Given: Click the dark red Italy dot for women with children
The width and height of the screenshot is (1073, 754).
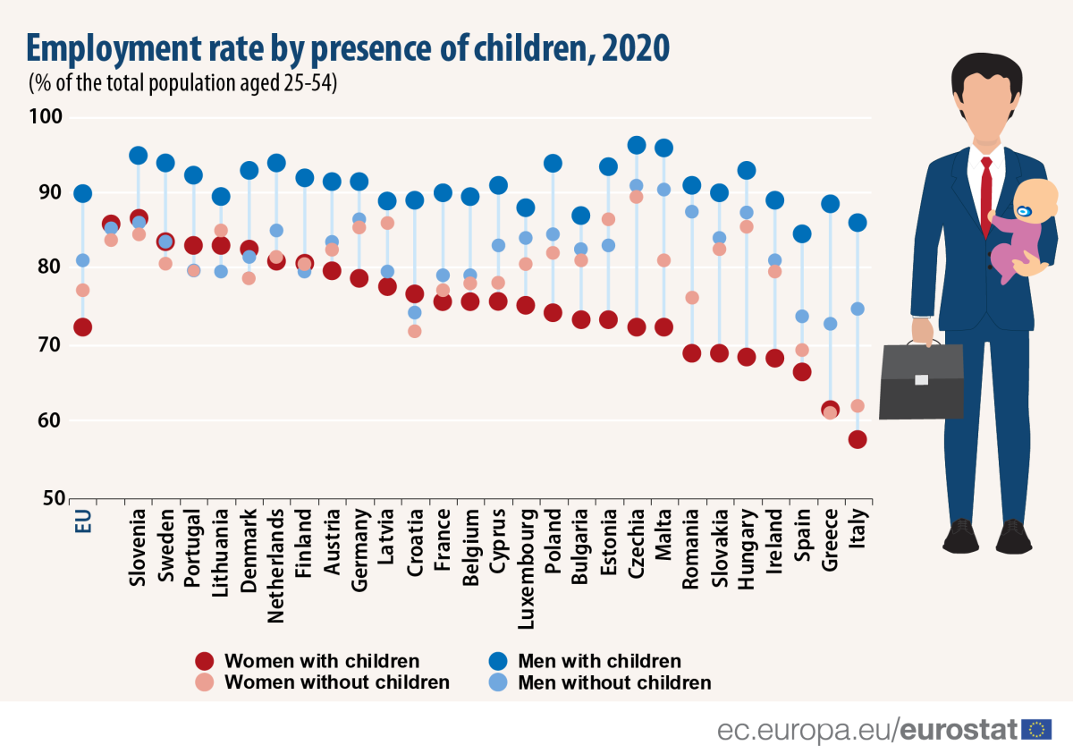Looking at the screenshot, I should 858,439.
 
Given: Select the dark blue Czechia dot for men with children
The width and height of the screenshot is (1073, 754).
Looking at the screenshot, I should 637,145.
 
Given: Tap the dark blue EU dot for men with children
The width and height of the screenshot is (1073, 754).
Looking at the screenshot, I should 82,193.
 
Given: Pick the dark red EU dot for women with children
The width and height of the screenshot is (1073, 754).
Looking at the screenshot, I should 82,327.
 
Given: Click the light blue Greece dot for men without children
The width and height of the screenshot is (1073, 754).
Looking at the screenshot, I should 830,324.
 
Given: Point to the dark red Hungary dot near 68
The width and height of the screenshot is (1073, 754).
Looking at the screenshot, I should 747,357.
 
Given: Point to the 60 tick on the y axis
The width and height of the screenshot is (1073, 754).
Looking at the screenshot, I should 48,420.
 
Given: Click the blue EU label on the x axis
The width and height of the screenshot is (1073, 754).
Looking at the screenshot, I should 83,520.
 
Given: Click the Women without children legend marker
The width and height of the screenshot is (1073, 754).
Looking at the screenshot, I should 205,682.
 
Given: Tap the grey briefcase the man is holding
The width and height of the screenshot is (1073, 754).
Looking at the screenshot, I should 921,380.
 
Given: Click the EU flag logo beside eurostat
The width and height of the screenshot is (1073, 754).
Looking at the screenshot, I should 1036,729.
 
